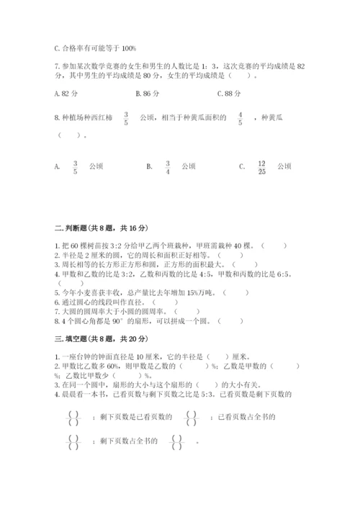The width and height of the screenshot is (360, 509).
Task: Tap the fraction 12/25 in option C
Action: pyautogui.click(x=262, y=167)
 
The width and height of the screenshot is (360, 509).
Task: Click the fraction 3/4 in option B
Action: pyautogui.click(x=167, y=167)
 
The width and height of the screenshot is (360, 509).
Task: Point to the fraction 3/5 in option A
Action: pyautogui.click(x=75, y=167)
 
